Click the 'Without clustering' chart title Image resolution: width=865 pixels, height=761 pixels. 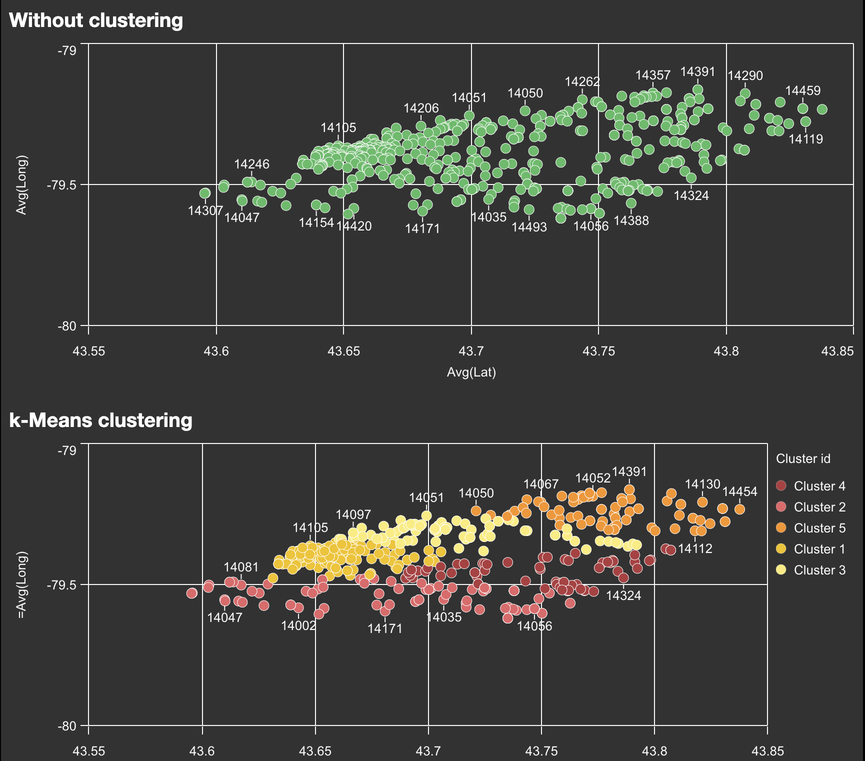click(96, 20)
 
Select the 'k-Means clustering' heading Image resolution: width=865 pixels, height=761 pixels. click(100, 420)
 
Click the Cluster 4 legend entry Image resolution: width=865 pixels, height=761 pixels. click(819, 486)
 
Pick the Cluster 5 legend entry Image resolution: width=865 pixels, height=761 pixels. click(819, 528)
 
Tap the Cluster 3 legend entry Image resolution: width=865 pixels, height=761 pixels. click(819, 570)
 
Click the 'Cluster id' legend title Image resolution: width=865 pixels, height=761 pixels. click(803, 458)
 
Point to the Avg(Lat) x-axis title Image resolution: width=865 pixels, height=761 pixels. click(471, 372)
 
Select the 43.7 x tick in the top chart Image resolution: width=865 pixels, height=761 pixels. click(471, 351)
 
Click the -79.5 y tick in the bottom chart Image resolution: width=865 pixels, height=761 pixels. click(61, 585)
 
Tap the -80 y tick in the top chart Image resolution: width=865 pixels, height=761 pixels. click(67, 326)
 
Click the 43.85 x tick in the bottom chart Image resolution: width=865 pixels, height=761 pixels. click(767, 751)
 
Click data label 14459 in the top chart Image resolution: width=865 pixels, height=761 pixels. click(802, 91)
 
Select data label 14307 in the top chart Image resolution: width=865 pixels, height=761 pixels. click(205, 211)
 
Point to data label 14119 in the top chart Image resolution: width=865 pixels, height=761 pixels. click(805, 139)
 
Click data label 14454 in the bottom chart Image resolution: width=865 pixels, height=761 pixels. click(739, 491)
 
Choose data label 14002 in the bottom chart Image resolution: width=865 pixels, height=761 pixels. click(298, 625)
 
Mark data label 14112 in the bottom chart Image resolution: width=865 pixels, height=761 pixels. click(695, 548)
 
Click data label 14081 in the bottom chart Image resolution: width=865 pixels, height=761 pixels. click(241, 567)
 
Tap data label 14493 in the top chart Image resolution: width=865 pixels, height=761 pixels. click(529, 227)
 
